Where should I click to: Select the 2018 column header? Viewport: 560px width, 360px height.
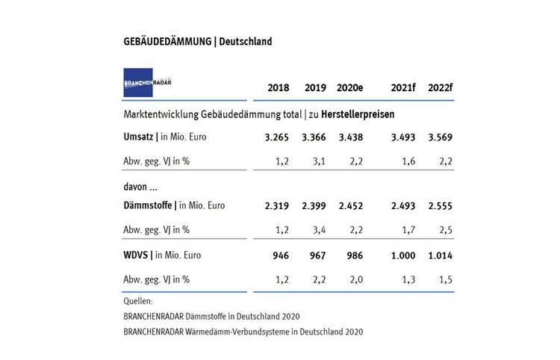(x=279, y=87)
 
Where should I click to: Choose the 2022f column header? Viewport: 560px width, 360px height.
(x=441, y=87)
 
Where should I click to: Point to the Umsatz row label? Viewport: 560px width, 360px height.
(x=140, y=137)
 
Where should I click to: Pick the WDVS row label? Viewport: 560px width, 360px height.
(x=135, y=255)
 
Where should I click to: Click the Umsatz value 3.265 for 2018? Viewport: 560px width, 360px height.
(x=278, y=137)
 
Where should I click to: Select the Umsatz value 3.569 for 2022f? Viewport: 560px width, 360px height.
(x=440, y=137)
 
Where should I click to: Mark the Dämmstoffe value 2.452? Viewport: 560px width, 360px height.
(x=352, y=205)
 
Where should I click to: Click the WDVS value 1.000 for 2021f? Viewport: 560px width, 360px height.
(x=403, y=255)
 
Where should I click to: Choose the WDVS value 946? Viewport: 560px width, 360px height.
(x=282, y=255)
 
